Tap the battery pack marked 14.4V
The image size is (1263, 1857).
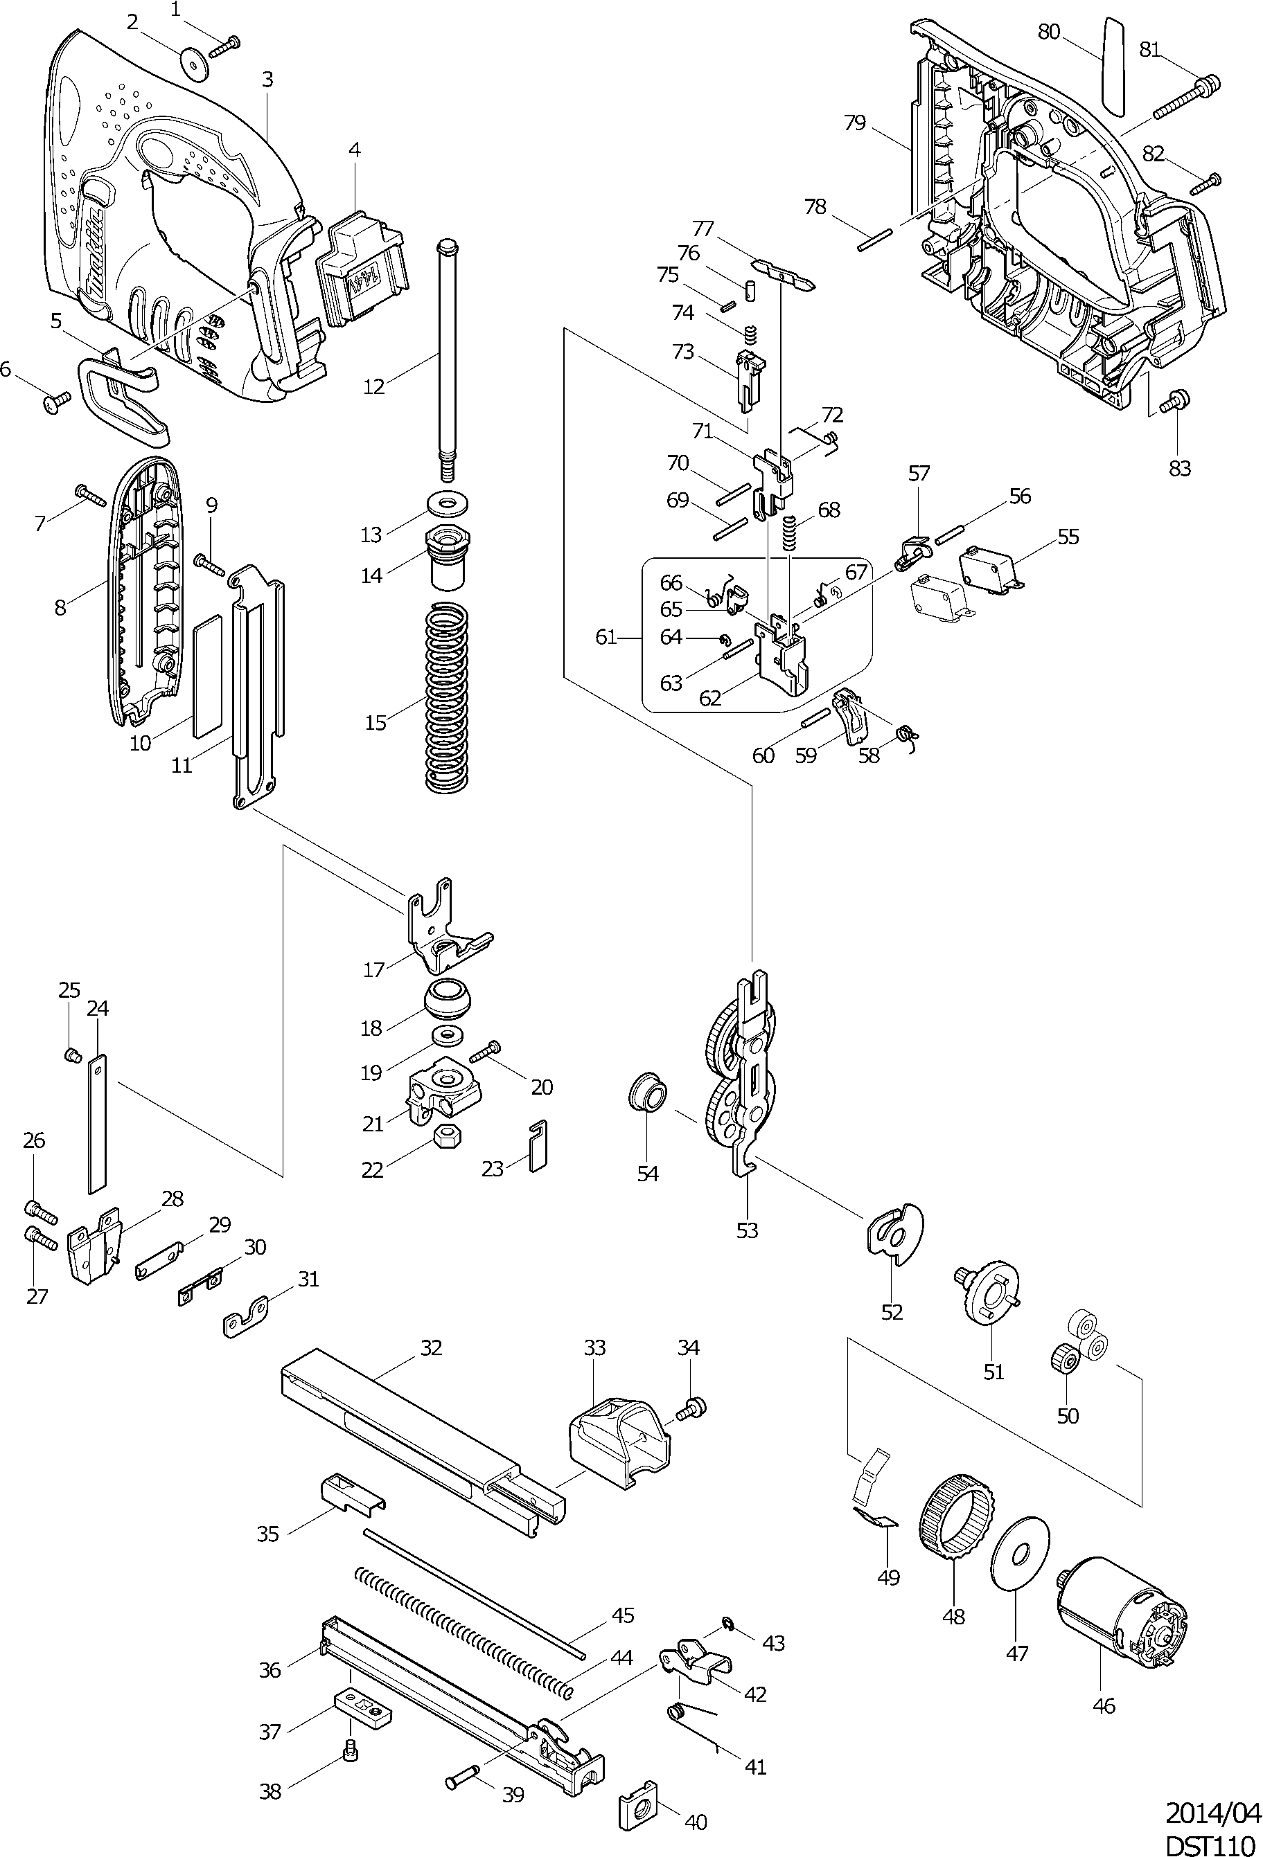click(364, 271)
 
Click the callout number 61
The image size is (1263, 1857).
click(606, 637)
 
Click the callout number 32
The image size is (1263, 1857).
click(432, 1347)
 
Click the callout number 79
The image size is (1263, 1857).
click(854, 123)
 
